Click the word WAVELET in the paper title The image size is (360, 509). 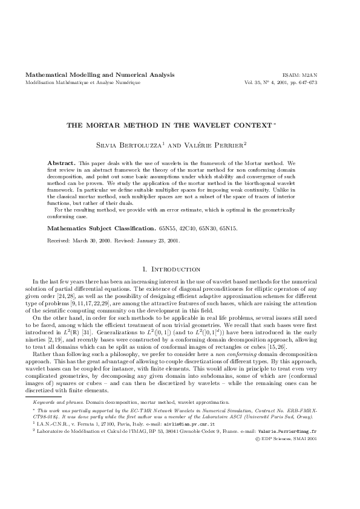pyautogui.click(x=226, y=125)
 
